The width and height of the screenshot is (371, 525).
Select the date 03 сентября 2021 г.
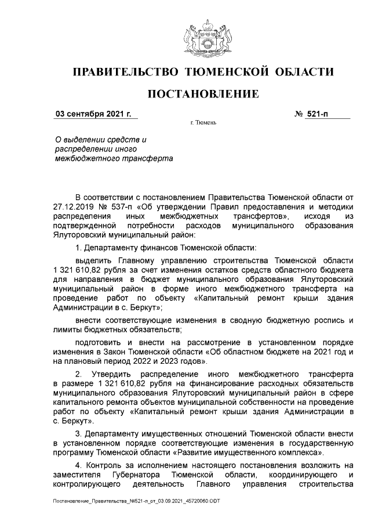coord(93,114)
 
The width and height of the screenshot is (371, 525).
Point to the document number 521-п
coord(318,114)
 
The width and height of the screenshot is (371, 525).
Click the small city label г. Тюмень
coord(203,124)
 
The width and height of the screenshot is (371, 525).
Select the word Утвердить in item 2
coord(115,374)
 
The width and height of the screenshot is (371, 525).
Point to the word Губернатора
coord(138,475)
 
